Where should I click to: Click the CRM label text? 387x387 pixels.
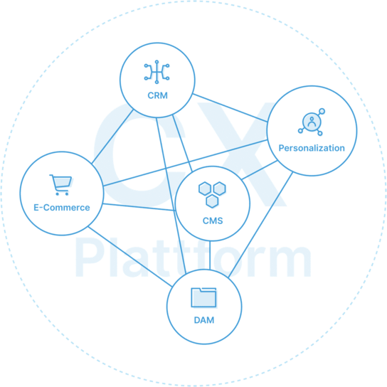tap(157, 95)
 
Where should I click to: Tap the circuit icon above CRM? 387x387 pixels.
tap(157, 72)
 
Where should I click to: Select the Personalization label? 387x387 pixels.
tap(312, 148)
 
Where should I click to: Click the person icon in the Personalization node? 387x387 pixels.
tap(312, 122)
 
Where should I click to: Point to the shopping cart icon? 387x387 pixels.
tap(60, 185)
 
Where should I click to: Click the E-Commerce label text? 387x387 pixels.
tap(62, 208)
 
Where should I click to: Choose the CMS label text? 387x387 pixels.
tap(213, 221)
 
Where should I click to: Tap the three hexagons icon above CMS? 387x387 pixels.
tap(212, 195)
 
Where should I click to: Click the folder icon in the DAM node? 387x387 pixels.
tap(203, 297)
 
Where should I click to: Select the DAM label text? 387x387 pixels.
tap(204, 320)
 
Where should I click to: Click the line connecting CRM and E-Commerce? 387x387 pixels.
tap(112, 137)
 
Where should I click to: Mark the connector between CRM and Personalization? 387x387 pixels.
tap(230, 107)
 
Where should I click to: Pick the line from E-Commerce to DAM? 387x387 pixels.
tap(129, 256)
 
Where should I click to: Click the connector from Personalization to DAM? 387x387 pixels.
tap(260, 225)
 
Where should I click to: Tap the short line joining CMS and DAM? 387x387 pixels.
tap(210, 255)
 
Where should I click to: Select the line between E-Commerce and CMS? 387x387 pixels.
tap(139, 207)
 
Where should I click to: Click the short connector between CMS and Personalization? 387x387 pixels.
tap(260, 170)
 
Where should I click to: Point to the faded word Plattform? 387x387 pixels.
tap(193, 258)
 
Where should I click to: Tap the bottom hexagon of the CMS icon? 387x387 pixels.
tap(212, 201)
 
